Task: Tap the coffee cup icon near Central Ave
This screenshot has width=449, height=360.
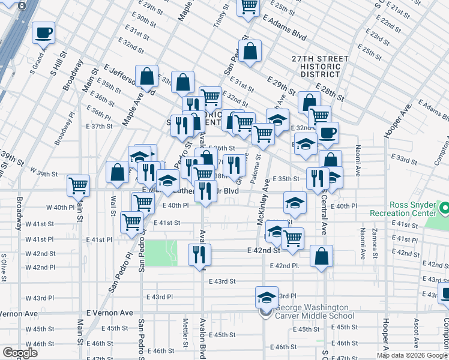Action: tap(328, 133)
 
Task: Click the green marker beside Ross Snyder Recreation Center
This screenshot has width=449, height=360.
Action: tap(445, 209)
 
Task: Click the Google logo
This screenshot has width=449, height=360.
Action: tap(20, 353)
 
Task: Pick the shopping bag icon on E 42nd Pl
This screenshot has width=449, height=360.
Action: tap(322, 256)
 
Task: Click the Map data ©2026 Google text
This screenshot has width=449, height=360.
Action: tap(412, 355)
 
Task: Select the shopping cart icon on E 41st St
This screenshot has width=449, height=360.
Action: tap(131, 221)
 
